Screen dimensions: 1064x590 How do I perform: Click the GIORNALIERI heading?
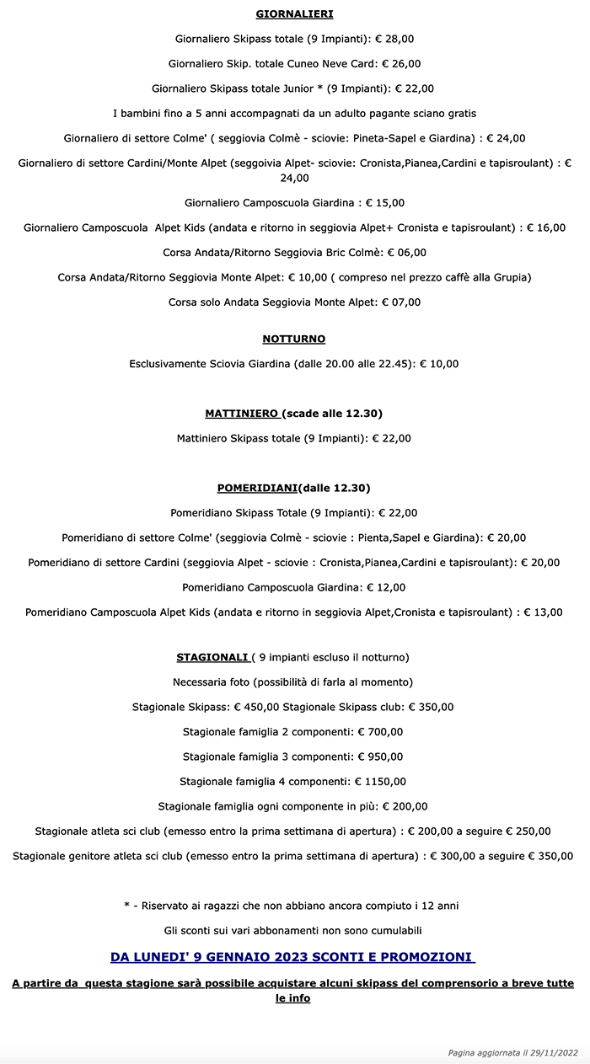tap(294, 13)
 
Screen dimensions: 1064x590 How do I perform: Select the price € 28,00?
tap(393, 39)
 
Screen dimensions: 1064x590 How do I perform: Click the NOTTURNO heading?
tap(294, 339)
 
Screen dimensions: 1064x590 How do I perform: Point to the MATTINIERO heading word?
tap(242, 414)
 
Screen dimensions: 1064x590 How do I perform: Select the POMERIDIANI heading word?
tap(258, 488)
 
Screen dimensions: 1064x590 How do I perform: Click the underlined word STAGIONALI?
tap(212, 657)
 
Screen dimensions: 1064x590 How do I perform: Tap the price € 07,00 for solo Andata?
tap(401, 302)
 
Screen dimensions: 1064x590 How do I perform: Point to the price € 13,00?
tap(543, 612)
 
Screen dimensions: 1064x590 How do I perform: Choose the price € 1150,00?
tap(380, 782)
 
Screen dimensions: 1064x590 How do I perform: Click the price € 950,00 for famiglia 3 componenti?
tap(380, 757)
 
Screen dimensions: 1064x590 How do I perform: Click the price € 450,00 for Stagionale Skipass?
tap(256, 707)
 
